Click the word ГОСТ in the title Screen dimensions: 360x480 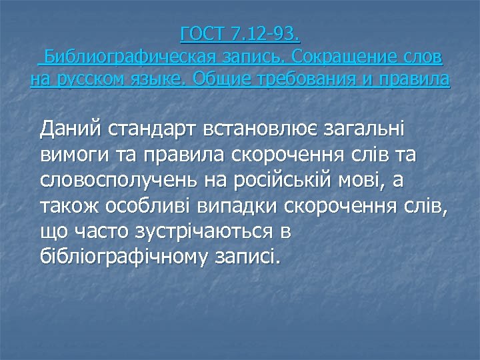point(202,33)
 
